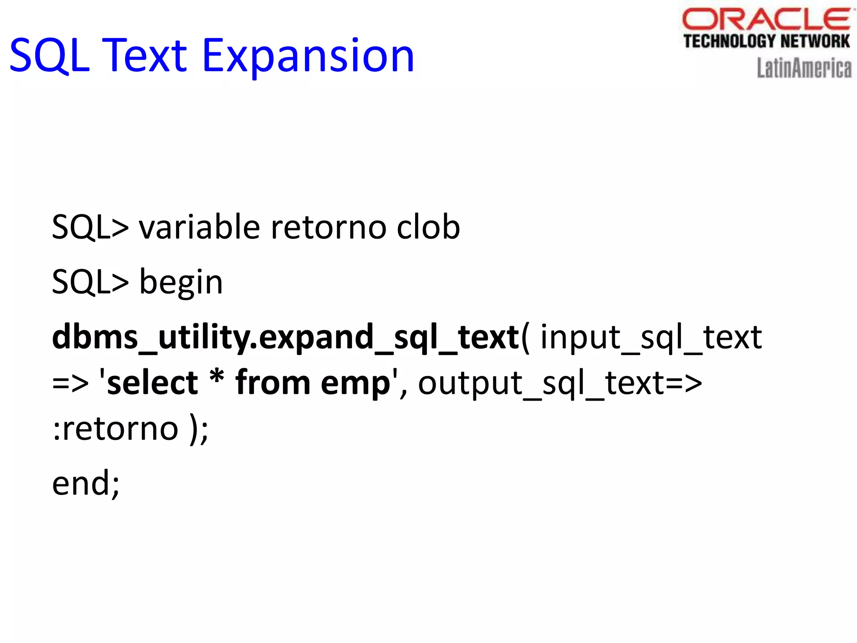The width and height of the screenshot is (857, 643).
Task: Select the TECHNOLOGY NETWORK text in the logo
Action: (x=766, y=41)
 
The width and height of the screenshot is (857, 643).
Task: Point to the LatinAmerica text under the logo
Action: (x=804, y=68)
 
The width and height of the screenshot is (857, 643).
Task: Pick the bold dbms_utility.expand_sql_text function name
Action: (x=285, y=337)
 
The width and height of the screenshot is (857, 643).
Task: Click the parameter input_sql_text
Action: (x=651, y=337)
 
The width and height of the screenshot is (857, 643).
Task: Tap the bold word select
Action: (x=152, y=383)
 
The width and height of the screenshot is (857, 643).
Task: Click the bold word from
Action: (x=272, y=383)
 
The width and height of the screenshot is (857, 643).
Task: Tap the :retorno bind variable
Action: (x=116, y=430)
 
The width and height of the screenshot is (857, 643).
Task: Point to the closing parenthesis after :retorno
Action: (x=194, y=430)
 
